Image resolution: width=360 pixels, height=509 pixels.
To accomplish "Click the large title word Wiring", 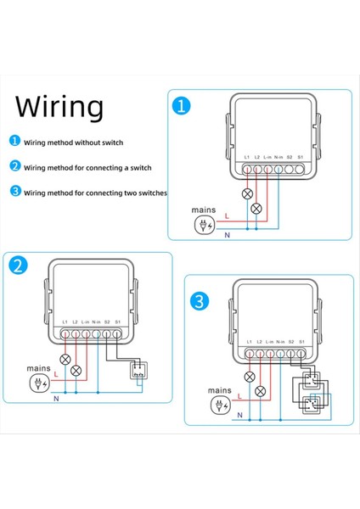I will pos(60,108).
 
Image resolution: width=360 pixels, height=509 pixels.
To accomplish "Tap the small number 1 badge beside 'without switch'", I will pos(14,143).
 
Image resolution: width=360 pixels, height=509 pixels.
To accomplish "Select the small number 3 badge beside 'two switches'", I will pos(14,193).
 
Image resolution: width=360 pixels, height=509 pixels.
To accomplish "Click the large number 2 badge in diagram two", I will pos(20,265).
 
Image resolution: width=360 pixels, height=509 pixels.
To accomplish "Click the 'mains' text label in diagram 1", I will pos(205,210).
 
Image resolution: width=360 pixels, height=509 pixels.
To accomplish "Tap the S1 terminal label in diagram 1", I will pos(301,157).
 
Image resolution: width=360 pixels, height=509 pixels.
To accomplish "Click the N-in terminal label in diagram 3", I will pos(279,339).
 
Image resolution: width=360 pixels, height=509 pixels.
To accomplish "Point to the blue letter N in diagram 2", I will pos(56,397).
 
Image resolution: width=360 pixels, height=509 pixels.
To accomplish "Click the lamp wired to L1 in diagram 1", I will pos(248,194).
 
